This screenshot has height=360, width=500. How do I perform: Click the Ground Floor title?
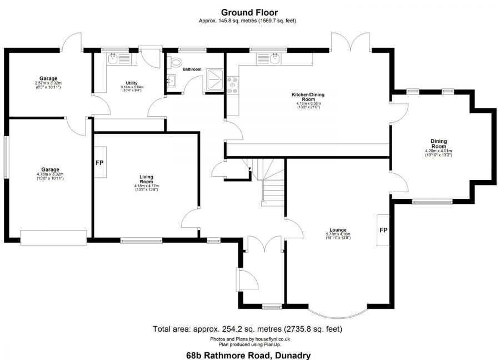[x=249, y=12]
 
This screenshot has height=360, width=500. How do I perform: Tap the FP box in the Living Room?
[x=100, y=163]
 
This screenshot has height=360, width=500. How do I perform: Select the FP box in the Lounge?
[x=383, y=230]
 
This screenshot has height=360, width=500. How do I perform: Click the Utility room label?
[x=132, y=83]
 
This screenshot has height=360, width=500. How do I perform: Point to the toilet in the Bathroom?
[x=177, y=62]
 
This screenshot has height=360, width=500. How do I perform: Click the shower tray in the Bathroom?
[x=214, y=78]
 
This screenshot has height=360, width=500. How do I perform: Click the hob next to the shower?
[x=232, y=84]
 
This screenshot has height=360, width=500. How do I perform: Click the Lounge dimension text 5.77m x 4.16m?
[x=338, y=234]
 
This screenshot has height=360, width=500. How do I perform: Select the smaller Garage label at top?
[x=48, y=78]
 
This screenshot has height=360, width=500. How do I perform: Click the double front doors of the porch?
[x=263, y=242]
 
